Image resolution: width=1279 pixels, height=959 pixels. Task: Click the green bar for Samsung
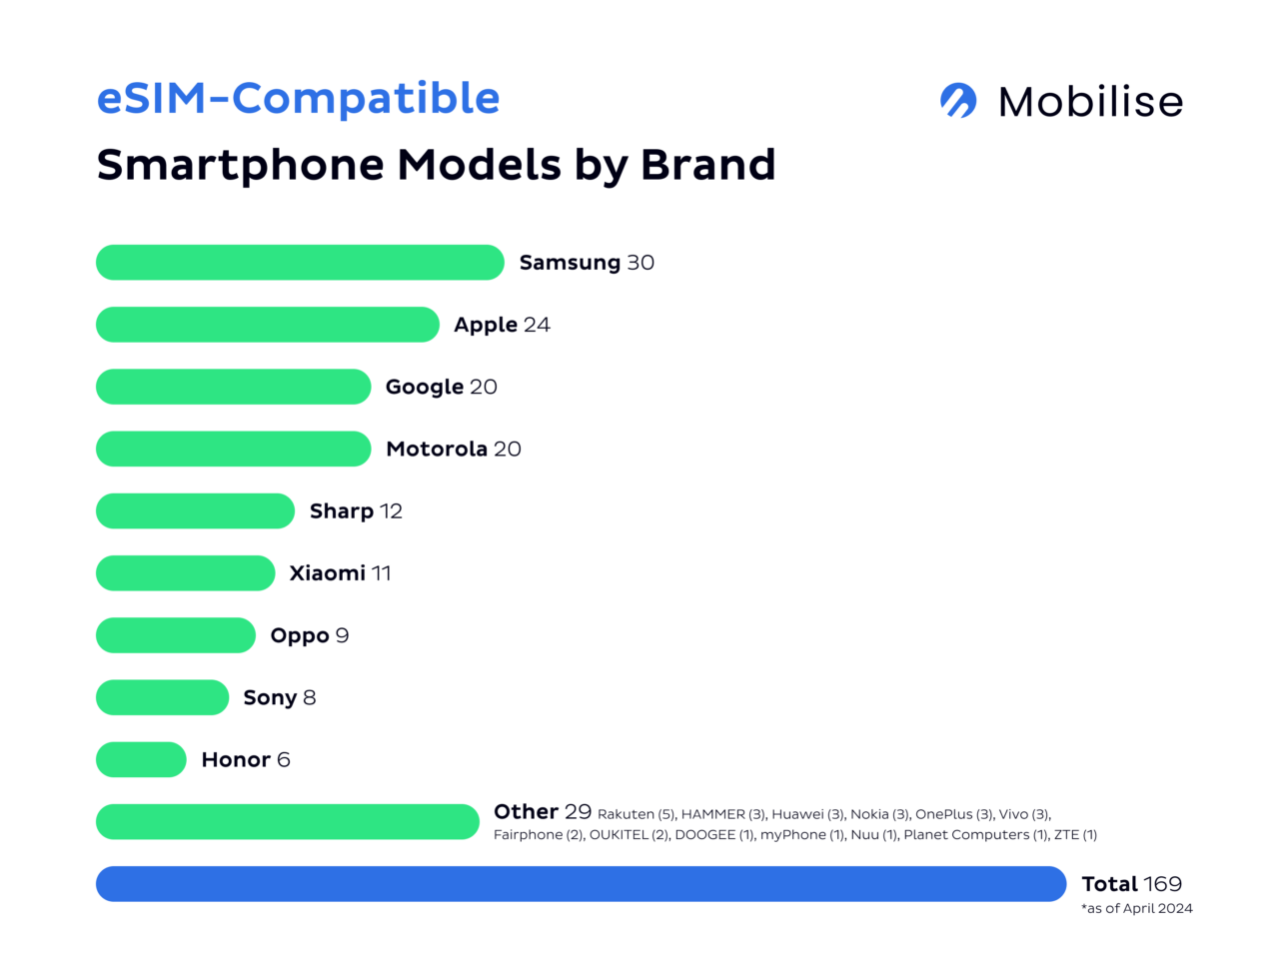pyautogui.click(x=300, y=263)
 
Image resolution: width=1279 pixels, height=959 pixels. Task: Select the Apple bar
pyautogui.click(x=268, y=325)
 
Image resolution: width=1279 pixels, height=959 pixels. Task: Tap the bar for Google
pyautogui.click(x=233, y=387)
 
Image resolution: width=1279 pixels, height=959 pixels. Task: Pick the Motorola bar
pyautogui.click(x=233, y=449)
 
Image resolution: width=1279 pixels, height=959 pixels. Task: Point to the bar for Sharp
pyautogui.click(x=195, y=510)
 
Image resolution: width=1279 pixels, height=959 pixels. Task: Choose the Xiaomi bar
pyautogui.click(x=185, y=573)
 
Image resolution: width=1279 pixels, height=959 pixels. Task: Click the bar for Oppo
pyautogui.click(x=176, y=635)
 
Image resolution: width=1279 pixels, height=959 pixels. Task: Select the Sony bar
pyautogui.click(x=162, y=697)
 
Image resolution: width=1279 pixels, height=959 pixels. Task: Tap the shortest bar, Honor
pyautogui.click(x=141, y=759)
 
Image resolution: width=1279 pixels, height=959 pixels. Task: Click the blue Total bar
pyautogui.click(x=581, y=884)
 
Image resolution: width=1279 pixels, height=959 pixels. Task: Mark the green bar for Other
pyautogui.click(x=288, y=822)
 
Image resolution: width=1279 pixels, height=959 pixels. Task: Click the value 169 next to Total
pyautogui.click(x=1162, y=884)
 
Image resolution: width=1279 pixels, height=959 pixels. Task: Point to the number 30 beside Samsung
pyautogui.click(x=640, y=263)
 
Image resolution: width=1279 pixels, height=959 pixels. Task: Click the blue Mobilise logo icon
pyautogui.click(x=958, y=101)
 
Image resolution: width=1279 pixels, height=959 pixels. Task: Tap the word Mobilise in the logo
pyautogui.click(x=1090, y=102)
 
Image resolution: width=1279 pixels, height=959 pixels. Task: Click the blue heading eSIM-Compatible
pyautogui.click(x=298, y=99)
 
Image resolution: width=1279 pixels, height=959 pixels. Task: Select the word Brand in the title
pyautogui.click(x=707, y=165)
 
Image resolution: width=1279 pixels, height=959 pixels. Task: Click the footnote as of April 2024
pyautogui.click(x=1137, y=908)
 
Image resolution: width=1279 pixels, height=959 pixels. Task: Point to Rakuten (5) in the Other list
pyautogui.click(x=637, y=814)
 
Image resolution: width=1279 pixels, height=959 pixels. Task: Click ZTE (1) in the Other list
pyautogui.click(x=1075, y=835)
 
